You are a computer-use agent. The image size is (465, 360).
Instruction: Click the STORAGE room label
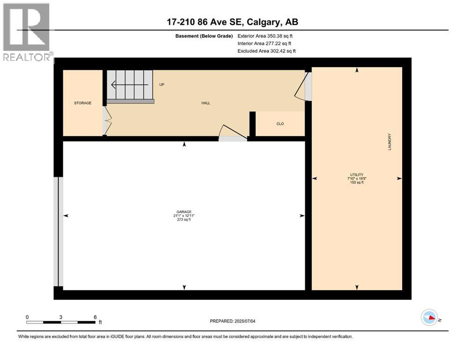82,103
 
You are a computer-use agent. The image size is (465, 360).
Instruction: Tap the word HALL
206,103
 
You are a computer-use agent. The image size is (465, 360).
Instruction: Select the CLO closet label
280,124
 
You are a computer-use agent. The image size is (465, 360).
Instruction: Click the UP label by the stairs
162,85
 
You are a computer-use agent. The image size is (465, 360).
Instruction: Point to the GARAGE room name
184,211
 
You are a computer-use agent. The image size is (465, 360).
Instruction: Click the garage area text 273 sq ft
184,220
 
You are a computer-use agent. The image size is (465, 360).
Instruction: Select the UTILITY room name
356,174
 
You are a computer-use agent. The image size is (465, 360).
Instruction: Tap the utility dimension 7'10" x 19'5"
356,179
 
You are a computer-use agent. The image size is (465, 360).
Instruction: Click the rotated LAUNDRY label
390,142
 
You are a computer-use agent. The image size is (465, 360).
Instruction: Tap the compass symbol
429,317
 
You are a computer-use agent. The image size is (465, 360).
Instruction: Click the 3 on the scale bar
61,317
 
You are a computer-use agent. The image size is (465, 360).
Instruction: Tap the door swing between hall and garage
233,133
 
